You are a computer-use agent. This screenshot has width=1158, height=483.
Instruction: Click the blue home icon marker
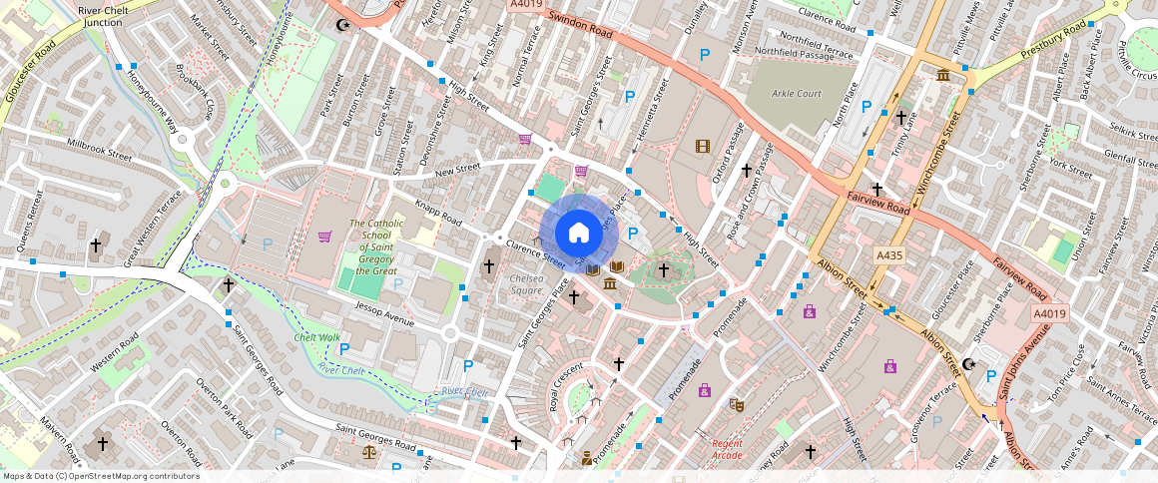(x=578, y=233)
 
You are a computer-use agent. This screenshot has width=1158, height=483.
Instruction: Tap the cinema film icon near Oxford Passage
(x=705, y=147)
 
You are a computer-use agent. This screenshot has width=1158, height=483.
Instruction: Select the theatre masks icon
(x=737, y=404)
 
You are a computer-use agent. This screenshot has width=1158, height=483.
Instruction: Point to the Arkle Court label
(x=796, y=94)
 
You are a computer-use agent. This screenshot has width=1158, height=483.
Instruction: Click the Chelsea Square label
(x=527, y=284)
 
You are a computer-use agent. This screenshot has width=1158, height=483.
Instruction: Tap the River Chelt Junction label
(x=104, y=16)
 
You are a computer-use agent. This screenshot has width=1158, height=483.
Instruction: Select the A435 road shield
(x=888, y=255)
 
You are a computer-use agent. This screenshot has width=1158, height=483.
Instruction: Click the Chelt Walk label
(x=317, y=337)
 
